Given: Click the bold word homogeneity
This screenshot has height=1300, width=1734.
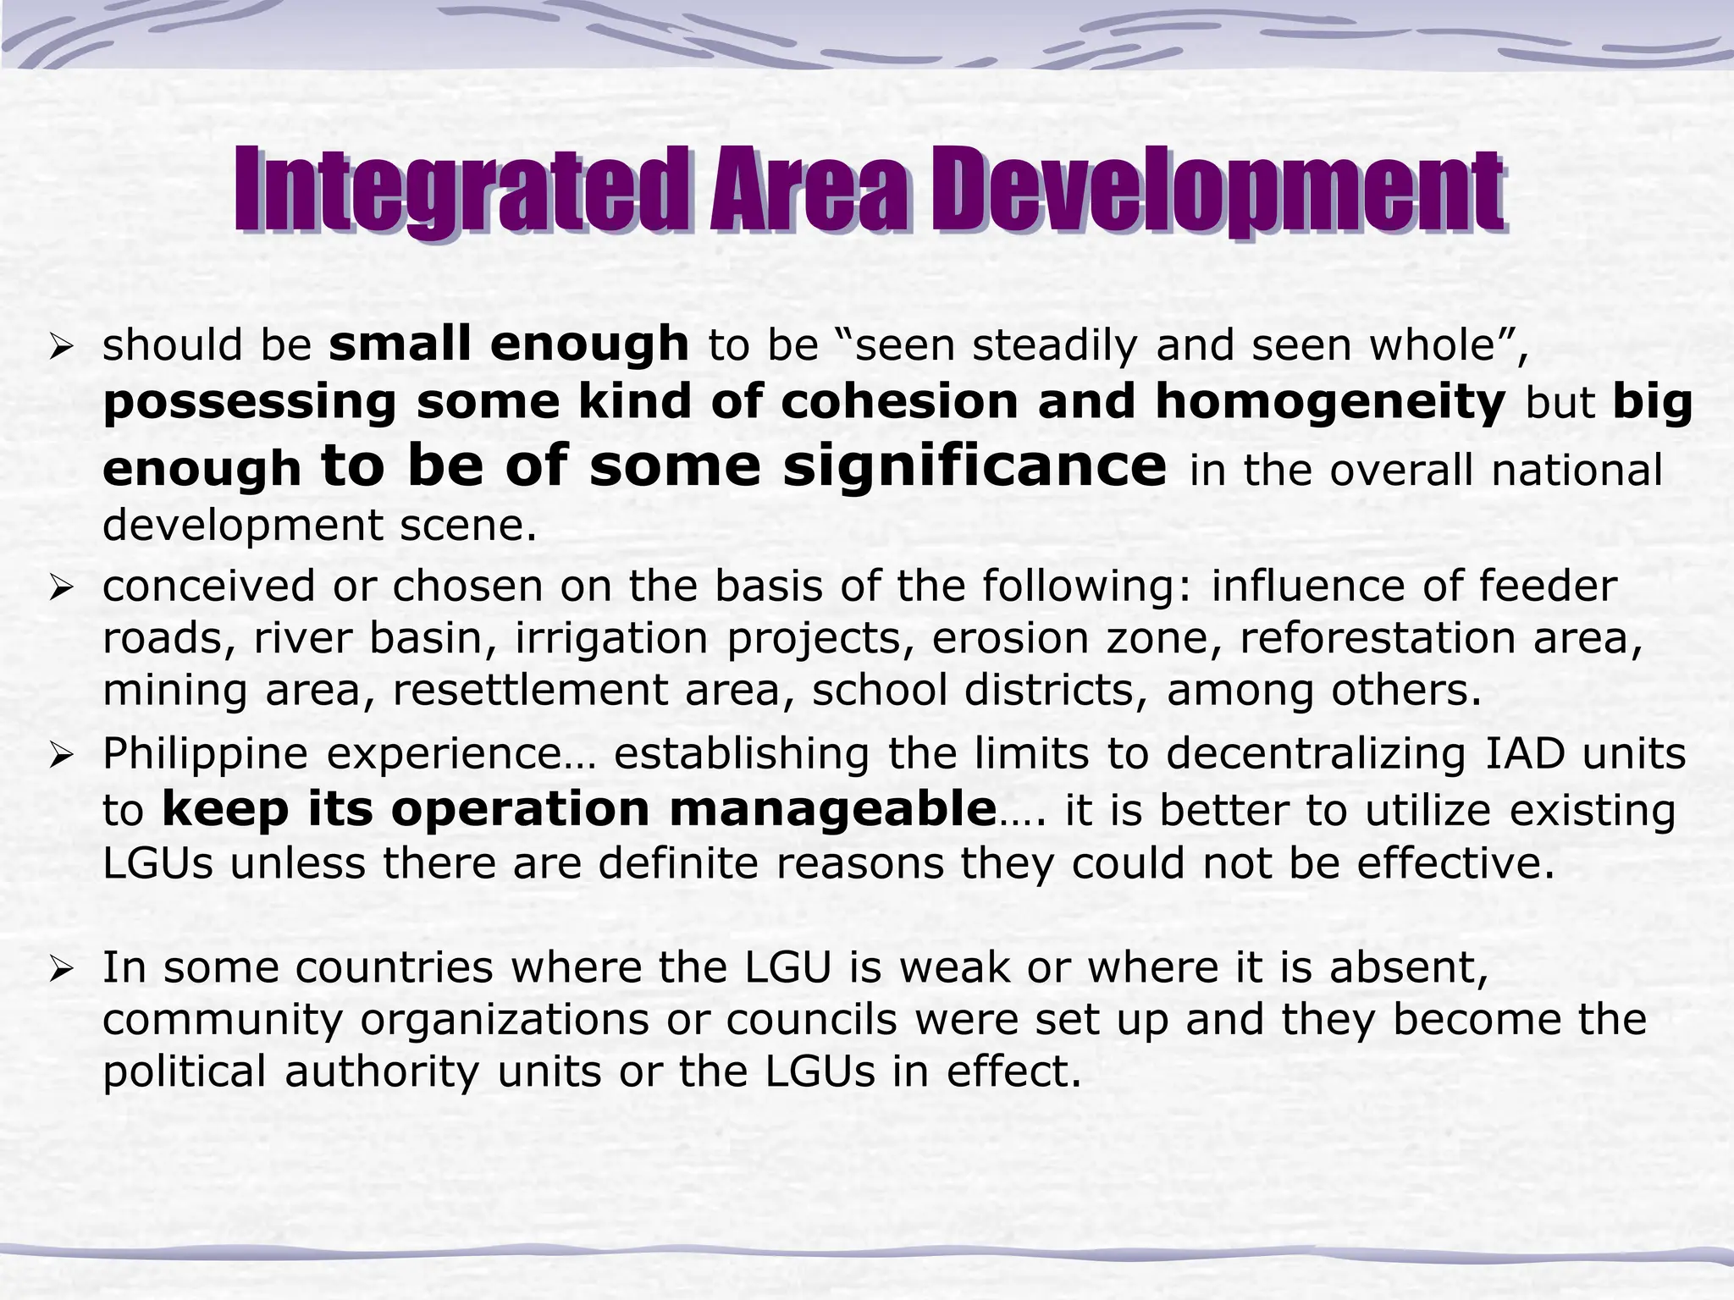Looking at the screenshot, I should coord(1330,401).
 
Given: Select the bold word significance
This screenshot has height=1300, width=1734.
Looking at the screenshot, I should coord(975,465).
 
